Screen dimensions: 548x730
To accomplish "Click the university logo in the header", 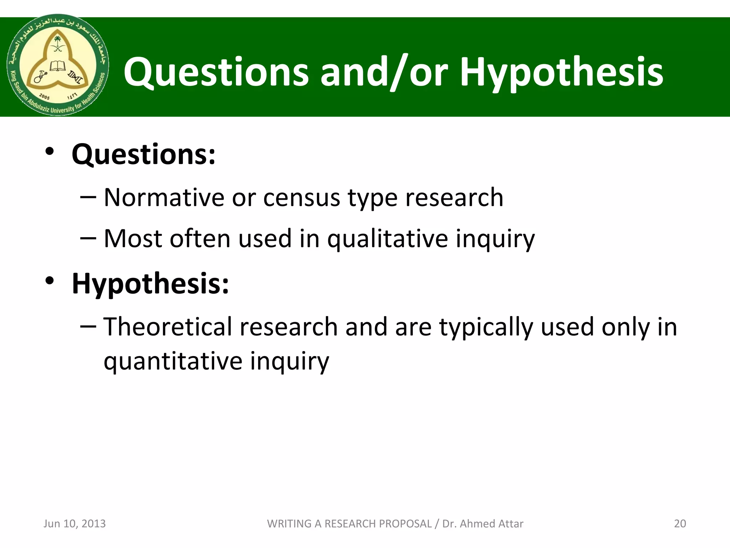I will pos(58,65).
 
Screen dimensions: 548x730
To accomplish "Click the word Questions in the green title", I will pos(216,72).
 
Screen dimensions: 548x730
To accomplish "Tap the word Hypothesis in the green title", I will pos(561,72).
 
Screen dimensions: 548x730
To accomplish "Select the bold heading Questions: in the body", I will pos(144,154).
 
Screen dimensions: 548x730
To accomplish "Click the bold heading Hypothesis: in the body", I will pos(150,284).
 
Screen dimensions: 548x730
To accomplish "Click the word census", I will pos(302,198).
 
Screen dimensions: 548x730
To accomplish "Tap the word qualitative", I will pos(387,239).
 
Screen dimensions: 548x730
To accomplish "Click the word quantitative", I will pos(173,361).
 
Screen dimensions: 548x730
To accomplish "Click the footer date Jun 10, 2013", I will pos(74,523).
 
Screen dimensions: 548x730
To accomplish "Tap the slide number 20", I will pos(680,523).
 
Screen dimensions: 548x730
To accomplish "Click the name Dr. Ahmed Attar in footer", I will pos(483,523).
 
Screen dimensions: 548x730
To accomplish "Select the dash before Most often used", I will pos(88,238).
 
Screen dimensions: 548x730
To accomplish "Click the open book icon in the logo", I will pos(57,66).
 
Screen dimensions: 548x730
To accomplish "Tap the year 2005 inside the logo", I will pos(44,96).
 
